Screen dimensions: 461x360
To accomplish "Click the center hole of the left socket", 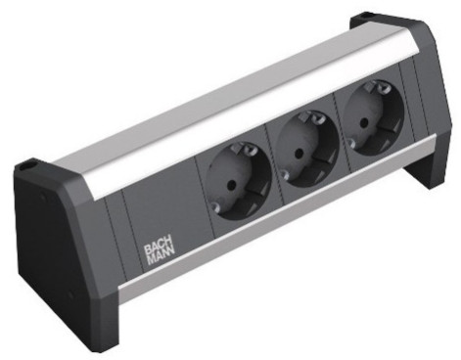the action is tap(231, 185).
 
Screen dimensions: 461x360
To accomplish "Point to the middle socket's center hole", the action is tap(298, 153).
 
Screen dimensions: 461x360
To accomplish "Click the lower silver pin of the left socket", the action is tap(213, 206).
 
